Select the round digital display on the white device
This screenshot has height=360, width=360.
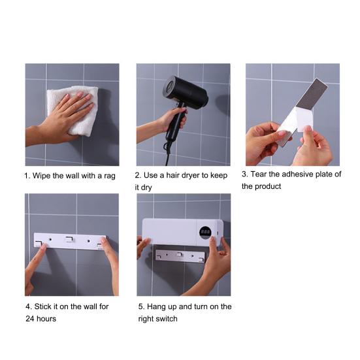pyautogui.click(x=205, y=233)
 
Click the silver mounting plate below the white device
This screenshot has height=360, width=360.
pyautogui.click(x=180, y=255)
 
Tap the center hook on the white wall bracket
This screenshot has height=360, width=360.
pyautogui.click(x=69, y=239)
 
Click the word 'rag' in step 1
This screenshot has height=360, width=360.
pyautogui.click(x=110, y=176)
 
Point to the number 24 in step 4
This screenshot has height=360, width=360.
pyautogui.click(x=30, y=319)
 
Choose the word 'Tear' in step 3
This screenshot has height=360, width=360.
pyautogui.click(x=259, y=174)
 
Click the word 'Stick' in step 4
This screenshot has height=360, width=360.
pyautogui.click(x=42, y=306)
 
